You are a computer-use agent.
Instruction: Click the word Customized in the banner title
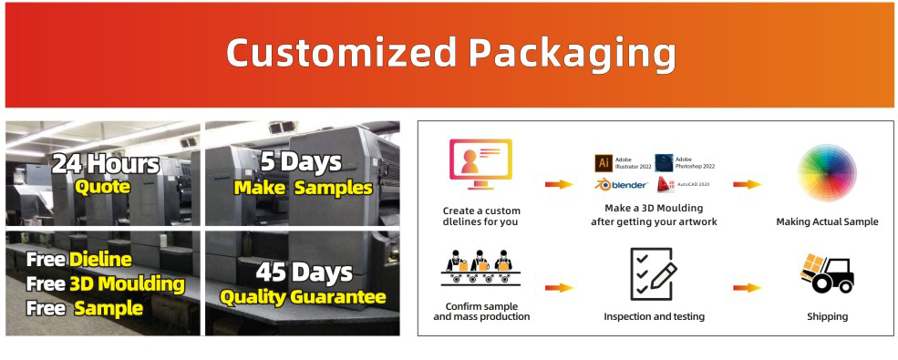[342, 53]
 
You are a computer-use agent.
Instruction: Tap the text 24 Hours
[105, 165]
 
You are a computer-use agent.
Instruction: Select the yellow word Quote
[102, 187]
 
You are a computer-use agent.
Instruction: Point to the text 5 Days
[301, 163]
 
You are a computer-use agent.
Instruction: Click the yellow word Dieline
[101, 260]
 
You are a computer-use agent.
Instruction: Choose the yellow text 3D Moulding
[127, 284]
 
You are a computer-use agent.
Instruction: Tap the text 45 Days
[304, 273]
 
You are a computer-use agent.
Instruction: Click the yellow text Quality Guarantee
[303, 297]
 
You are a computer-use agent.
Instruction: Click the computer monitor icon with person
[480, 164]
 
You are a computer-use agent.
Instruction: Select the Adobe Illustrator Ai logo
[604, 162]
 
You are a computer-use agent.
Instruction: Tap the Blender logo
[621, 184]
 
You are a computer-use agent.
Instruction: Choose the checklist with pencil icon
[654, 274]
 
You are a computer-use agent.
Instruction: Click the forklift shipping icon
[827, 273]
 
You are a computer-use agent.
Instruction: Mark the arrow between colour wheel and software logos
[747, 184]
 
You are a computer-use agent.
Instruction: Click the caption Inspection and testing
[654, 316]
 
